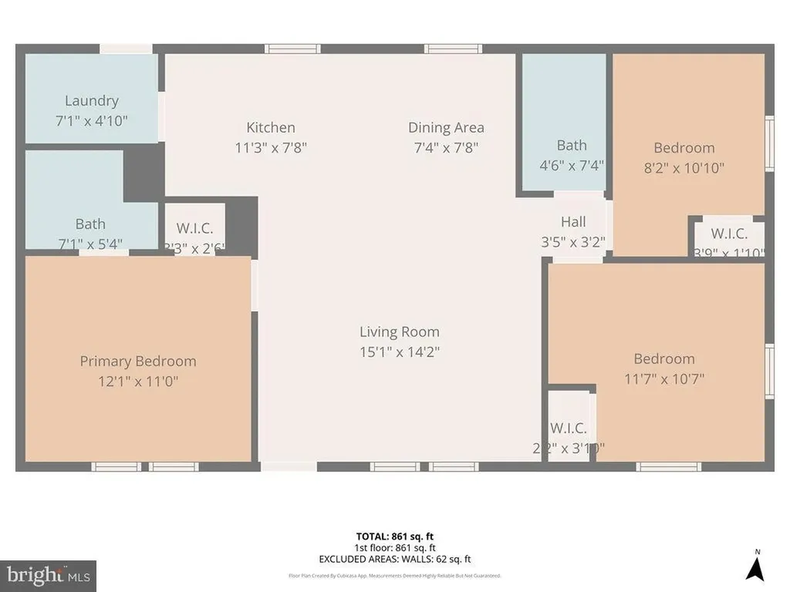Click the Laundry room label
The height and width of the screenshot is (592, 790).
91,100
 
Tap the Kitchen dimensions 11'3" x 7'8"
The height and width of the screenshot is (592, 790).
271,147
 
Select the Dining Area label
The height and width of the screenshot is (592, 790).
446,127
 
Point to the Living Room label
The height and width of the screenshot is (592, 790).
399,331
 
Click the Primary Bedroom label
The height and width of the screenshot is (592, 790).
138,361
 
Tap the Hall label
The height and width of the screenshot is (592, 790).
573,221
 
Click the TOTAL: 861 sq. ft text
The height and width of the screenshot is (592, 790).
400,536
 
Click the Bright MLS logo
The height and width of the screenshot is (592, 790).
48,575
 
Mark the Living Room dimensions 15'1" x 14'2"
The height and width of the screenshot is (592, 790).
399,351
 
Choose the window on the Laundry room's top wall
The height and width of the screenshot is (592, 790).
126,49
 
